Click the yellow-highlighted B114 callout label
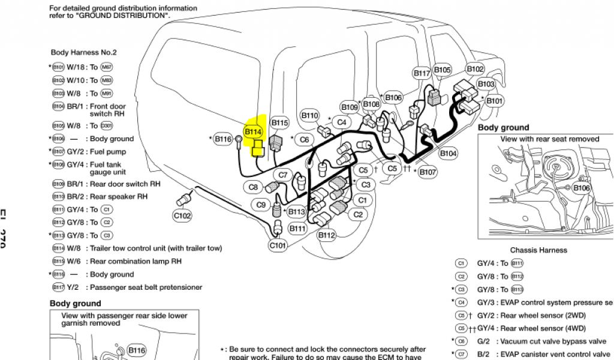[x=252, y=131]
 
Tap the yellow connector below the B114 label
[x=258, y=148]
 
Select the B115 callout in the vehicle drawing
[x=280, y=123]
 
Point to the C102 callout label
[x=182, y=215]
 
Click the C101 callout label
[x=278, y=245]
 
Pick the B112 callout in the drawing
[x=326, y=235]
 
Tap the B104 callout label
[x=448, y=154]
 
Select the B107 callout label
[x=428, y=172]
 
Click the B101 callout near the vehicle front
[x=494, y=101]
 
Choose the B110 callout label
[x=310, y=115]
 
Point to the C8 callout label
[x=254, y=187]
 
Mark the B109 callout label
[x=350, y=107]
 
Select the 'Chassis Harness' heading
[x=538, y=250]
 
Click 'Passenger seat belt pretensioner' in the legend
[x=146, y=287]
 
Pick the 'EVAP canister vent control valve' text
[x=556, y=354]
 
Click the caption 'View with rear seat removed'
[x=549, y=139]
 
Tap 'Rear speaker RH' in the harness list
[x=119, y=197]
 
